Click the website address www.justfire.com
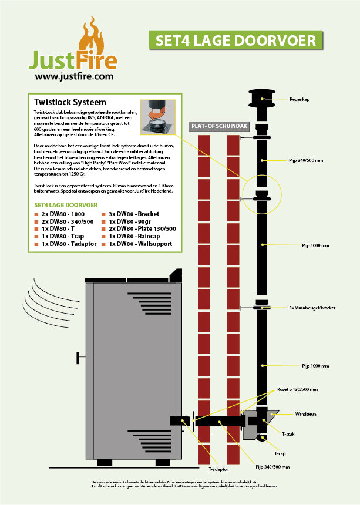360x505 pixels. click(74, 76)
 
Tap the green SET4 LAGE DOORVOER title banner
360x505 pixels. click(235, 40)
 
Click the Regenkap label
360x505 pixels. click(300, 100)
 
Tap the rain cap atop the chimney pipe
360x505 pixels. click(263, 97)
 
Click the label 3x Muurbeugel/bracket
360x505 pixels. click(312, 307)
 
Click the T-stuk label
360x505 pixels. click(288, 434)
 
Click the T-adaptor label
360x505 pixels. click(218, 469)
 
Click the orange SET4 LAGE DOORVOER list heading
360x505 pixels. click(66, 205)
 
